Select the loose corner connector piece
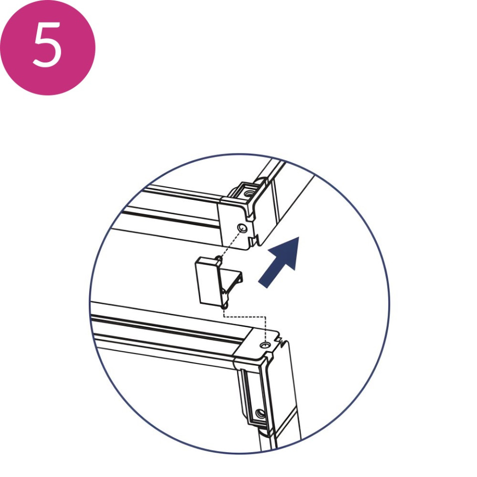click(218, 282)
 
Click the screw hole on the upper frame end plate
click(242, 228)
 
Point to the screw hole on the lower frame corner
click(265, 345)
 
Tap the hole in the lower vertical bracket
click(260, 414)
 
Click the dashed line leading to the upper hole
click(231, 244)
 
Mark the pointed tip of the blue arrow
click(298, 237)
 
